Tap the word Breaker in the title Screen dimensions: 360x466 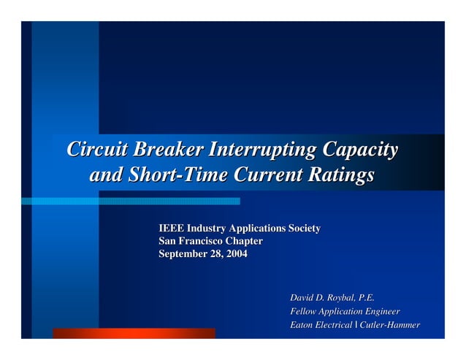pos(165,150)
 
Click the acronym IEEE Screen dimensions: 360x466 pos(172,229)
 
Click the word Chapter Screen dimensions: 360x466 pos(244,241)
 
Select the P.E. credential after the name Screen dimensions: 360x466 pos(366,298)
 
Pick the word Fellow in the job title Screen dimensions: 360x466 pos(305,312)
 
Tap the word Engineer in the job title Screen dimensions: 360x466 pos(380,312)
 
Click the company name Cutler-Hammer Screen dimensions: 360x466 pos(390,325)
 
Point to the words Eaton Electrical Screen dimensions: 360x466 pos(321,325)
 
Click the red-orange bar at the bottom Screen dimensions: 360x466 pos(134,333)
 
